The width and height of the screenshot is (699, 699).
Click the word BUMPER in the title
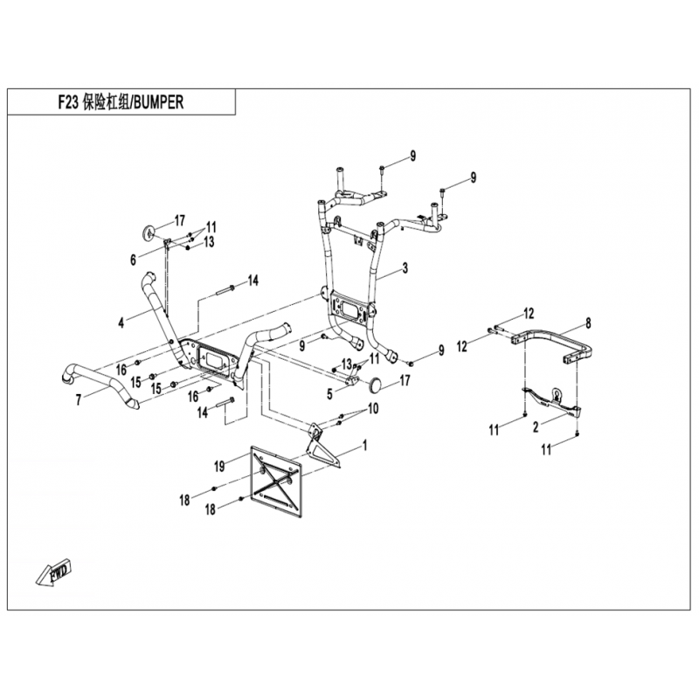coord(158,102)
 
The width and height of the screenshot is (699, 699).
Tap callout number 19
coord(219,467)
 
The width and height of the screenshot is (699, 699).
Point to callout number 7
coord(79,400)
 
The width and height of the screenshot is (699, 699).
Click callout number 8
coord(588,323)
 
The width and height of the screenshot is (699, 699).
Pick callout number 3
coord(405,268)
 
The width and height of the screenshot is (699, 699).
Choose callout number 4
coord(121,322)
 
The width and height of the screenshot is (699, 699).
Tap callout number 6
coord(133,260)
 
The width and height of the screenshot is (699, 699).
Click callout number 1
coord(364,445)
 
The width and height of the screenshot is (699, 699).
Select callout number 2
coord(536,427)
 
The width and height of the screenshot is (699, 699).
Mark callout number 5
coord(330,394)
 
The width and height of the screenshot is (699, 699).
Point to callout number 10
coord(373,408)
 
